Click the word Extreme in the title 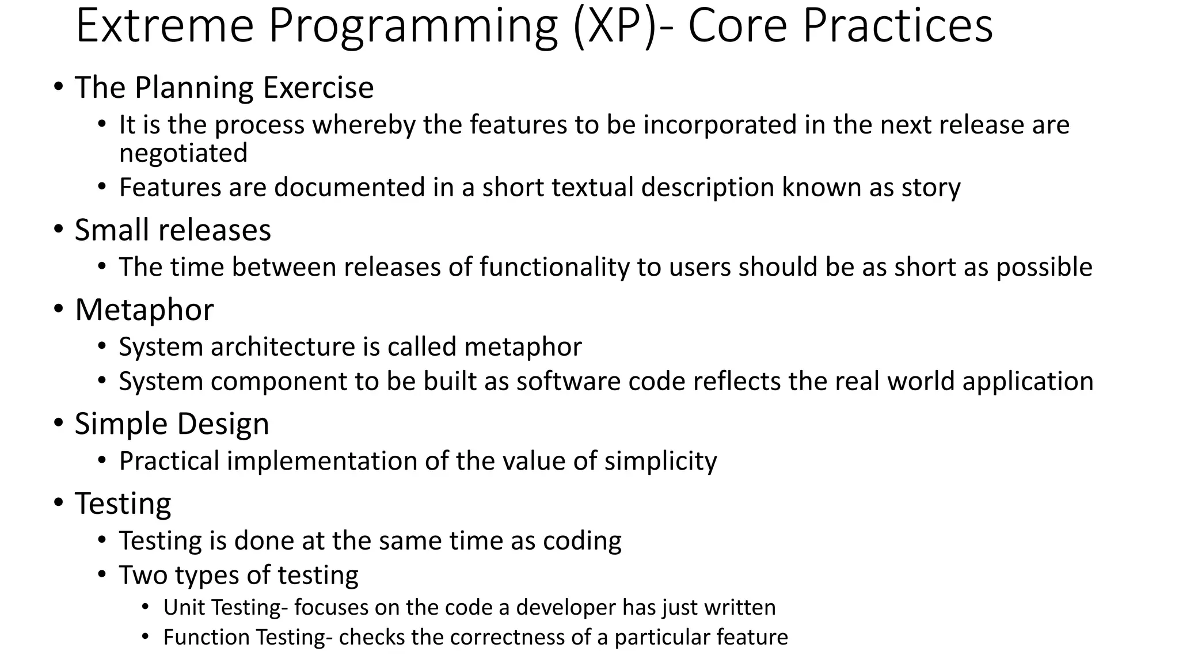[x=164, y=26]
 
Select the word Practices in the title [x=897, y=26]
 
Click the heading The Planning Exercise [x=224, y=88]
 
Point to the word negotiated [x=183, y=153]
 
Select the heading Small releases [x=173, y=230]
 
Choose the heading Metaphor [x=144, y=310]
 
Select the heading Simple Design [x=172, y=424]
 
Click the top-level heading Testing [x=123, y=504]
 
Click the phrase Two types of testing [x=238, y=575]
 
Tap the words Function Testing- [x=248, y=638]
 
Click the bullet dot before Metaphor [x=59, y=309]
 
